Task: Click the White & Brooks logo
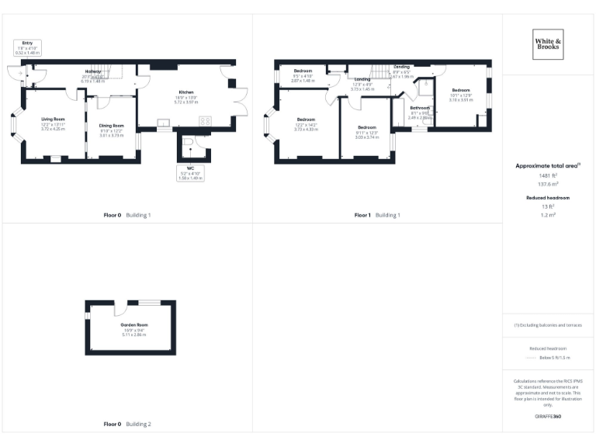(x=548, y=44)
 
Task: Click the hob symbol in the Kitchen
(x=206, y=121)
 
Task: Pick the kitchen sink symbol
(x=164, y=122)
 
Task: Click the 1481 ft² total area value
(x=548, y=175)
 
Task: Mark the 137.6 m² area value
(x=548, y=184)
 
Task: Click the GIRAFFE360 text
(x=548, y=417)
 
